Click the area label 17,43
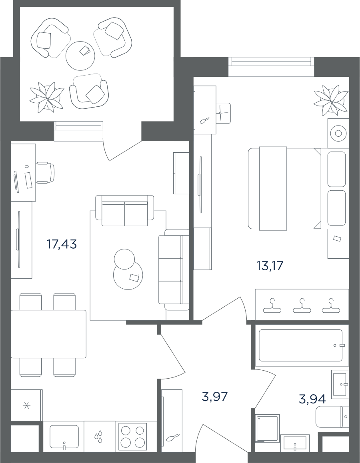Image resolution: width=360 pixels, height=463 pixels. coord(62,244)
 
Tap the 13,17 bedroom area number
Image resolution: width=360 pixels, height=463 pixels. coord(270,266)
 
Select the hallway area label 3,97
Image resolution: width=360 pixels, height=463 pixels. coord(215,397)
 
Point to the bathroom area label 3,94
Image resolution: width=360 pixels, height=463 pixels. coord(312,399)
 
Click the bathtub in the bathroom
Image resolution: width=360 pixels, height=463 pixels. coord(301,345)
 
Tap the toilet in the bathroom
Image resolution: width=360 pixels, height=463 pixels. coord(332,417)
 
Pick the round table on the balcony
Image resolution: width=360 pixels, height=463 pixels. coord(80,56)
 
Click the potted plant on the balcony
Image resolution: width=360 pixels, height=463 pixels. coord(47,97)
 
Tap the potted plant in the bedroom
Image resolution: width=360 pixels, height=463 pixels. coord(331,100)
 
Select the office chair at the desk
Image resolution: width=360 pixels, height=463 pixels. coord(46,173)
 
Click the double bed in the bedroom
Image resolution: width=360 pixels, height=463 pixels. coord(284,188)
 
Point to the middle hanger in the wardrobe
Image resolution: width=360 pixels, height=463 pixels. coord(302,306)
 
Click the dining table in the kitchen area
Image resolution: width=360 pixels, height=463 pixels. coord(48,334)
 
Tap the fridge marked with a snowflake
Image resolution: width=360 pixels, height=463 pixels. coord(26,405)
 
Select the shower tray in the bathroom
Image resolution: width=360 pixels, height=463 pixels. coord(268,428)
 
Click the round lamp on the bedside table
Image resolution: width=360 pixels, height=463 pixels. coord(338,134)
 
